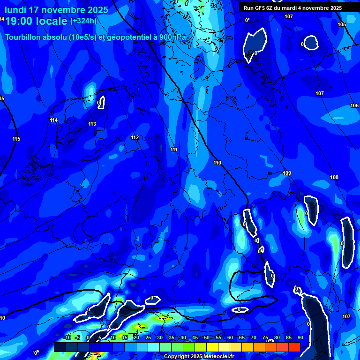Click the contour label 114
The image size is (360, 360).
click(x=54, y=120)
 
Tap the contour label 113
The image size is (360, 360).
click(x=92, y=124)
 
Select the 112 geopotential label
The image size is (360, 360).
click(x=135, y=137)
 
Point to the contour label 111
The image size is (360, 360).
click(x=174, y=150)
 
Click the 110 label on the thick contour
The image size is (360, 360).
click(x=217, y=163)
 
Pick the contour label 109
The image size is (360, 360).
click(x=287, y=173)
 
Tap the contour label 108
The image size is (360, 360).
click(x=334, y=177)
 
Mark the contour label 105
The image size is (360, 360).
click(x=342, y=24)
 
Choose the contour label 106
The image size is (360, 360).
click(x=354, y=105)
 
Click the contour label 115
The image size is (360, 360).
click(x=16, y=139)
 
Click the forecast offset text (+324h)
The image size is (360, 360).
click(x=83, y=21)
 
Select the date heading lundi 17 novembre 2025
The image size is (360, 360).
click(x=56, y=10)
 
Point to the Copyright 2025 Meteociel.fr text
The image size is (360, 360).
click(x=199, y=356)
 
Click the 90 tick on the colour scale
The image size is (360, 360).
click(x=300, y=337)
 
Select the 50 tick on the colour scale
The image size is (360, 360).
click(x=207, y=337)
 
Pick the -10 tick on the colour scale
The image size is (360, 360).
click(x=67, y=337)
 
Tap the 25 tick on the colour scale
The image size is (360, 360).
click(x=148, y=337)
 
